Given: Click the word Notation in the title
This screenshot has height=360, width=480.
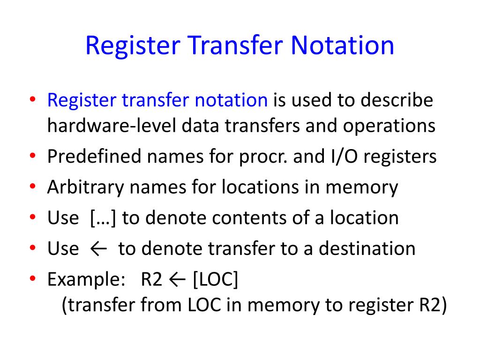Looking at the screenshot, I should point(342,45).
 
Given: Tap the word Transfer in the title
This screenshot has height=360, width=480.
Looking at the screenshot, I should point(237,45).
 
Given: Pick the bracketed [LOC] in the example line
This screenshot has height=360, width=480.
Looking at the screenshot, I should point(215,279).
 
